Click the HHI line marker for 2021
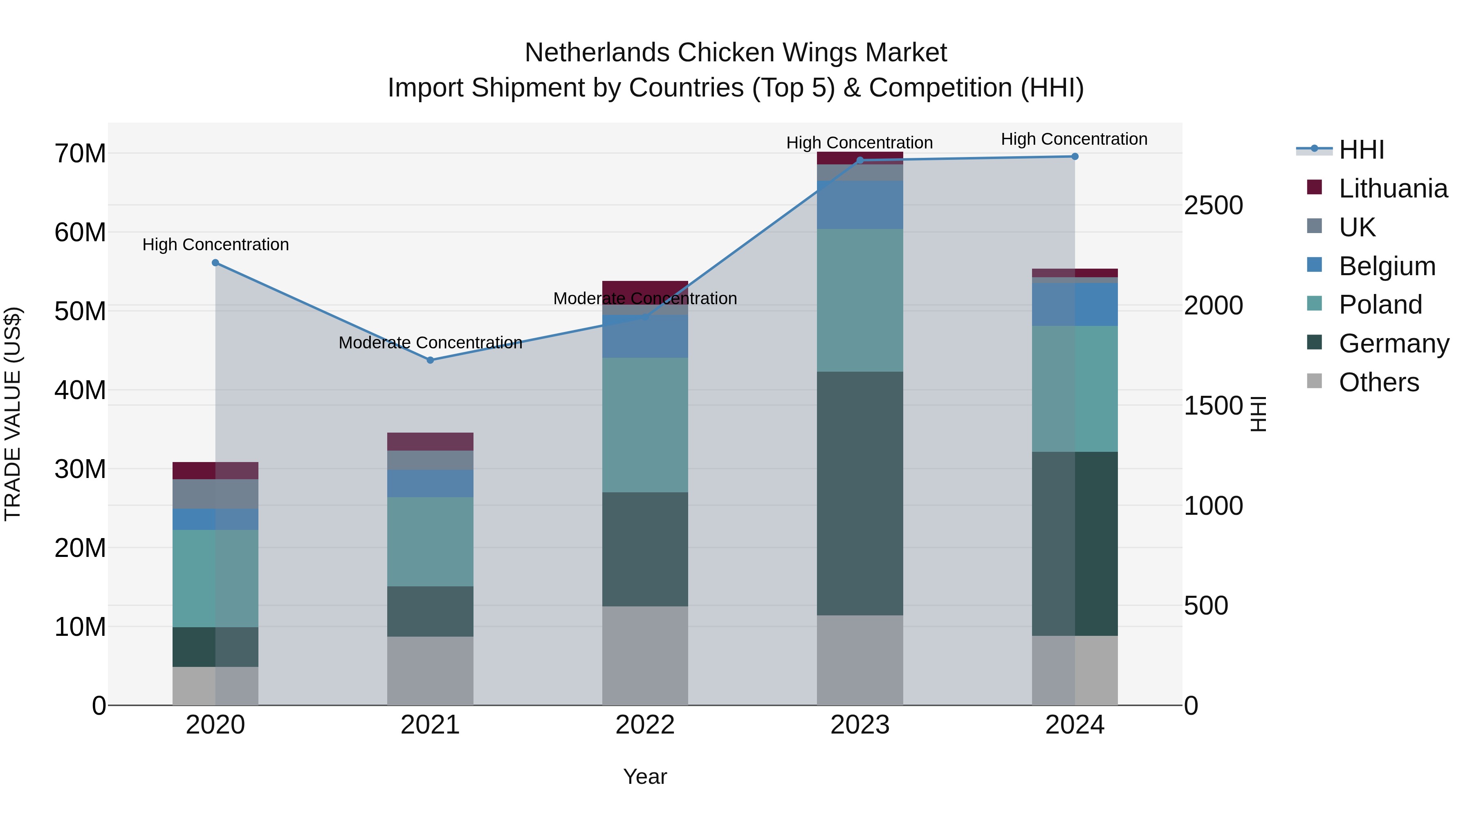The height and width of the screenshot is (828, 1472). [x=430, y=360]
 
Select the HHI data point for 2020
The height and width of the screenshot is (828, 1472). [x=215, y=263]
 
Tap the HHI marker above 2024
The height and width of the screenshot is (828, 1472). [x=1075, y=157]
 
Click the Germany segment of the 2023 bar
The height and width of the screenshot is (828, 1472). [x=859, y=493]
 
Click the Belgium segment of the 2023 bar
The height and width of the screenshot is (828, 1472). [x=859, y=204]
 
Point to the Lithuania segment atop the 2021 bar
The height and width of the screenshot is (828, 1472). [x=430, y=442]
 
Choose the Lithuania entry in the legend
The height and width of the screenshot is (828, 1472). [x=1393, y=188]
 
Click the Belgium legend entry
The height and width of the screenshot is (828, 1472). [x=1387, y=266]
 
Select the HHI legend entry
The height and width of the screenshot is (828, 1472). [x=1361, y=150]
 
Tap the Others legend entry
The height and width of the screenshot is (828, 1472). [x=1378, y=382]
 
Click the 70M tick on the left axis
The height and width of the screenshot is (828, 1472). [x=80, y=153]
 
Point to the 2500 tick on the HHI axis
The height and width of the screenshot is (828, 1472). [x=1213, y=205]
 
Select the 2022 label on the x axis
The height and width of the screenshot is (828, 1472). [x=645, y=725]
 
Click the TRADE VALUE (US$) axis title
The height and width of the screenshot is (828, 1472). [x=13, y=414]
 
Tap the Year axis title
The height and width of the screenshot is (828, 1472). [x=645, y=776]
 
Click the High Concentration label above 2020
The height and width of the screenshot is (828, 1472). [x=215, y=245]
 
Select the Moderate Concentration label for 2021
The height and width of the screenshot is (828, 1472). [x=430, y=343]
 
